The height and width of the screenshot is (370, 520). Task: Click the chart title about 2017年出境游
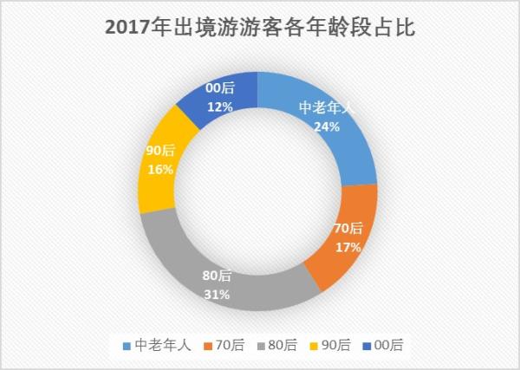click(x=260, y=28)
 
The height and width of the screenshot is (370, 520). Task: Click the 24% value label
click(x=327, y=125)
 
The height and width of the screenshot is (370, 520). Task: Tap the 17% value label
click(x=348, y=246)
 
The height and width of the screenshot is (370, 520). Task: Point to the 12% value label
click(x=218, y=106)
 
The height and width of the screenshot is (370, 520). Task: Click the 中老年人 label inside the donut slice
click(x=327, y=107)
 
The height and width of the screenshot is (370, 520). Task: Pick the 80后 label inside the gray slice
click(x=218, y=276)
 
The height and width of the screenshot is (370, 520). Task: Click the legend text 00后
click(x=389, y=345)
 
